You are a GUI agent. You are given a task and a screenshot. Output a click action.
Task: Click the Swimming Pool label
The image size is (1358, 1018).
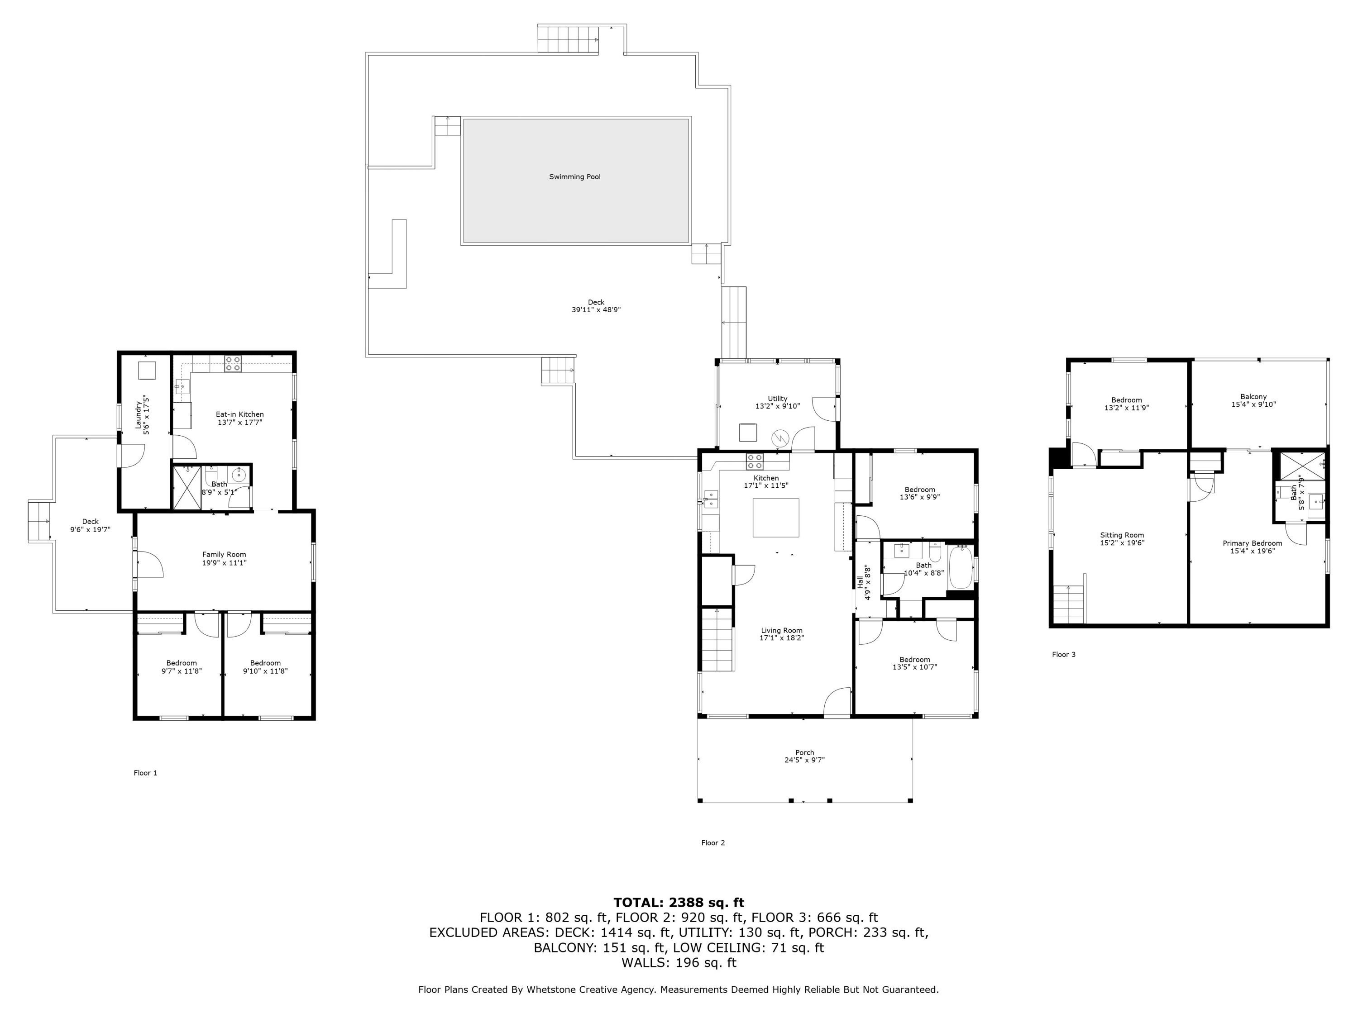point(574,177)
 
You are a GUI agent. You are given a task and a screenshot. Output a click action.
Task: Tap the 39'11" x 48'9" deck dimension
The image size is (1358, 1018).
point(596,310)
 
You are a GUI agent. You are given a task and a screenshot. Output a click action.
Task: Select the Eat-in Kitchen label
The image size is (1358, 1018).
point(239,414)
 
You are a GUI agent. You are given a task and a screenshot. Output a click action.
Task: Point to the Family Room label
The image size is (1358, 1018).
point(224,555)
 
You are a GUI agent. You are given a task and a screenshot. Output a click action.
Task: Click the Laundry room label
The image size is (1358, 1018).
point(139,415)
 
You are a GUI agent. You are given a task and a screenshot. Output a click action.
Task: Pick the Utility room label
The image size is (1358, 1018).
point(777,399)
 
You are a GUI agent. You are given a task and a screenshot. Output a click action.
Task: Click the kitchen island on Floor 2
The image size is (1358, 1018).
point(776,517)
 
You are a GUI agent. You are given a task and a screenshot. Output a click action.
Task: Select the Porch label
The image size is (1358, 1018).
point(804,752)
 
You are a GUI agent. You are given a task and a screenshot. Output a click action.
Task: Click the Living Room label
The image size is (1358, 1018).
point(781,630)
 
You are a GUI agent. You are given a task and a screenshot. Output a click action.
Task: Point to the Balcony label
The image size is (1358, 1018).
point(1253,397)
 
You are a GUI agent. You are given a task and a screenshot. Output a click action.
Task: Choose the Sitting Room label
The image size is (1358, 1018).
point(1122,535)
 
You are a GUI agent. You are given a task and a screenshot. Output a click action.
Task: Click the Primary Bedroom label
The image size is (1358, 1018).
point(1252,543)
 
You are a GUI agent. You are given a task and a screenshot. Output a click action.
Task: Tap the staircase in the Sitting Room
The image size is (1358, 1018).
point(1069,604)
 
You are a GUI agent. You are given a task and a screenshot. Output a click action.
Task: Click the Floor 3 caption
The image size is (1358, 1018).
point(1063,655)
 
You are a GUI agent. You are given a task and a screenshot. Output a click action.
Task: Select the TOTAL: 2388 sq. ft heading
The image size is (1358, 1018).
point(679,903)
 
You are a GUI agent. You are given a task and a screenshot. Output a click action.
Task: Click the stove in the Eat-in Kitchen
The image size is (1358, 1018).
point(233,364)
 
